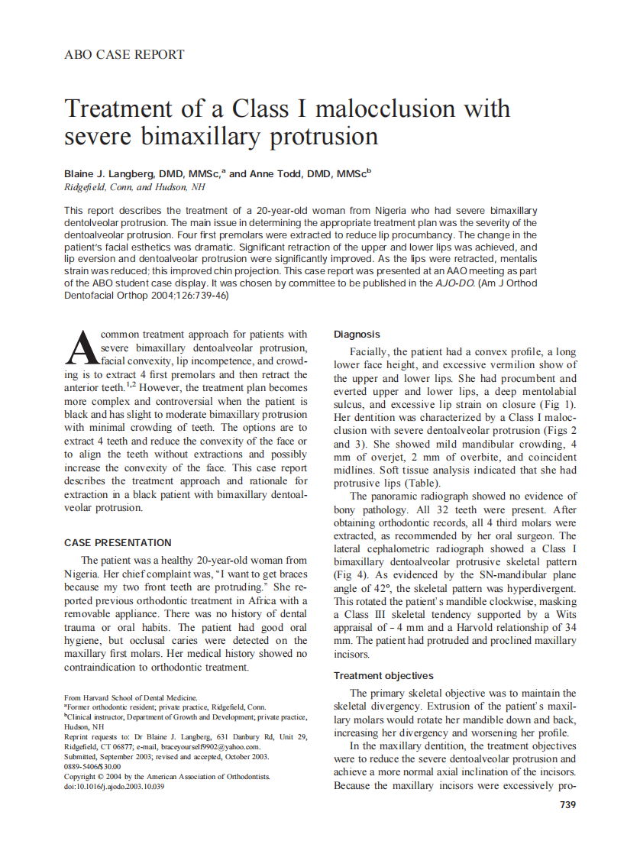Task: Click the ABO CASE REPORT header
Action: coord(124,55)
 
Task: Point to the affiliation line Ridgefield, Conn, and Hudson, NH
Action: coord(134,187)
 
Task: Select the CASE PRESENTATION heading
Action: coord(118,543)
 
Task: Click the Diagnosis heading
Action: coord(357,335)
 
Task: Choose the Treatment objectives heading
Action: coord(383,676)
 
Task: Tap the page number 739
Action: coord(567,804)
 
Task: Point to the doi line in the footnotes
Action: coord(114,787)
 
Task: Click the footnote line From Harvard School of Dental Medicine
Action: coord(131,697)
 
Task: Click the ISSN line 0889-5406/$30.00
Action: coord(92,767)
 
